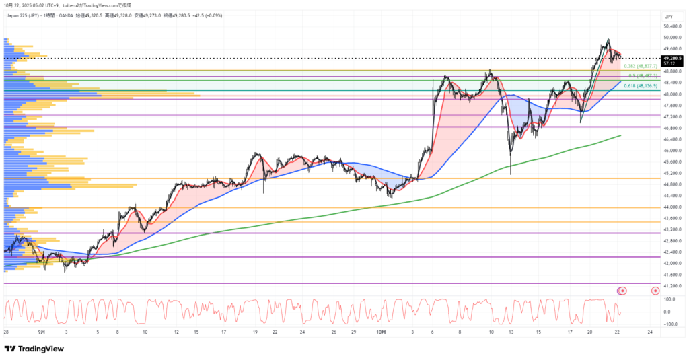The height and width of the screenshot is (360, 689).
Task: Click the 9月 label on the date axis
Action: (42, 332)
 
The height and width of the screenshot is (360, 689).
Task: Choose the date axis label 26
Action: (334, 332)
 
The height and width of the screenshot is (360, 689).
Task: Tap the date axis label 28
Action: (6, 332)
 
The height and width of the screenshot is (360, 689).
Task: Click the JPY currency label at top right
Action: (669, 15)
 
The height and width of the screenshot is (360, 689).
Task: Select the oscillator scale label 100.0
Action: (669, 299)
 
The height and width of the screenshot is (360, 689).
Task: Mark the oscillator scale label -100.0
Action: (669, 324)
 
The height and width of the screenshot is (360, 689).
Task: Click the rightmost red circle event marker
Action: (655, 291)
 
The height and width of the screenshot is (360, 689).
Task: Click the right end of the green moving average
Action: (620, 135)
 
